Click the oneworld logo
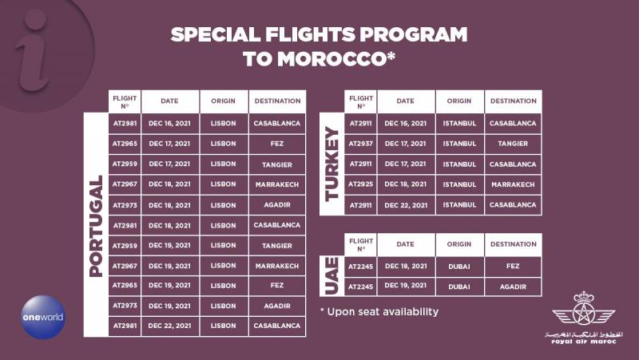click(x=43, y=317)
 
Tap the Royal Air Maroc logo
click(x=584, y=318)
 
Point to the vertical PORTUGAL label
click(x=96, y=226)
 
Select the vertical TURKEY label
click(x=331, y=164)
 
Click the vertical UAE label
click(x=331, y=275)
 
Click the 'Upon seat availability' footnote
click(x=379, y=312)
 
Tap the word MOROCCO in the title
click(x=337, y=59)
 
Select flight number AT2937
click(x=361, y=144)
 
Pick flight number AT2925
click(x=361, y=184)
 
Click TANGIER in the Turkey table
click(x=513, y=144)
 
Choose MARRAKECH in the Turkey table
click(x=513, y=184)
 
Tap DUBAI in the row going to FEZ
click(x=459, y=267)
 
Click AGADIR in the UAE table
click(x=513, y=287)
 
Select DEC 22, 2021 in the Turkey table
click(x=406, y=205)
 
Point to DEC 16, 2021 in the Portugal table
click(x=169, y=124)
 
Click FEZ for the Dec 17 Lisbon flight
click(x=277, y=144)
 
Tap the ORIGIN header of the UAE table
click(x=459, y=244)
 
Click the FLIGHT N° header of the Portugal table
click(x=125, y=102)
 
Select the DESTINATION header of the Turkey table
click(x=514, y=101)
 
